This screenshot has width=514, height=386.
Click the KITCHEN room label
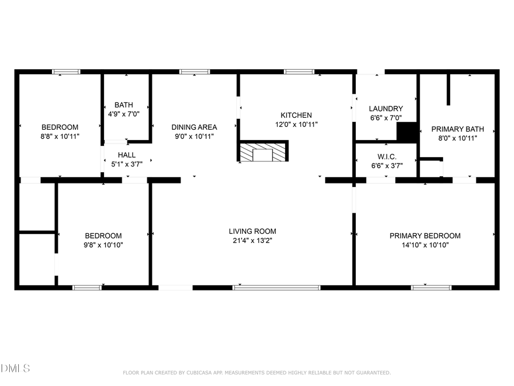pos(296,115)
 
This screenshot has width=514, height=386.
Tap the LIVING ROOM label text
pos(252,232)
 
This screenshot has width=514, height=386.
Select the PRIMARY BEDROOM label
pos(425,236)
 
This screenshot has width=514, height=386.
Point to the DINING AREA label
pos(195,127)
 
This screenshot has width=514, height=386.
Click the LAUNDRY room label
pos(385,109)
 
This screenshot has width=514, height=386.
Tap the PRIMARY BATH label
pos(457,129)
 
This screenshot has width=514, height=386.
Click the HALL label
pos(127,155)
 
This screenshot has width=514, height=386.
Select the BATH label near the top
pos(124,105)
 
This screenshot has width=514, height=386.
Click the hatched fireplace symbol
pos(263,152)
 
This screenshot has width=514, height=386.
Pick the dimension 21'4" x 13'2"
pos(252,241)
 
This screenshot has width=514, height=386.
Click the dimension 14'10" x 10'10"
pos(425,245)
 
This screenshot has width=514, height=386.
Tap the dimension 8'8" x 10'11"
pos(60,136)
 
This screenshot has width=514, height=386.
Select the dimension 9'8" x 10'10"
pos(103,245)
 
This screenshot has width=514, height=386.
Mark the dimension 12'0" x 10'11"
pos(296,124)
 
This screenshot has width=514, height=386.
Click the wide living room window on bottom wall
pos(276,288)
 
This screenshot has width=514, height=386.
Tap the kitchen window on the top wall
pos(299,72)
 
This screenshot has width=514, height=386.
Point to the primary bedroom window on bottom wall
pos(427,288)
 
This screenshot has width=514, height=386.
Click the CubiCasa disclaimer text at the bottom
pos(257,373)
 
